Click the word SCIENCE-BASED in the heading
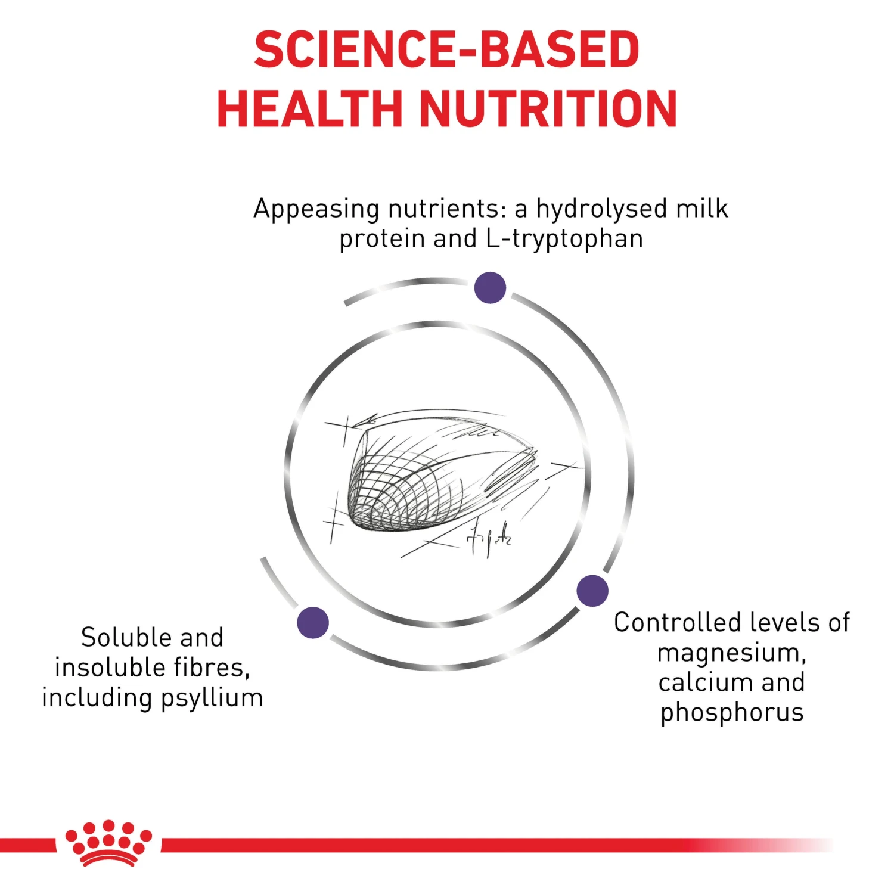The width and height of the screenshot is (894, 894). point(447,49)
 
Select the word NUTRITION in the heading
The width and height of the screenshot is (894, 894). point(549,108)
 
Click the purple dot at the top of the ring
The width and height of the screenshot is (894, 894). point(490,288)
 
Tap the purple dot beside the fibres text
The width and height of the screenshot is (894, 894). point(313,623)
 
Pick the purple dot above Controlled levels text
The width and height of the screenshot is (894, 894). point(592,591)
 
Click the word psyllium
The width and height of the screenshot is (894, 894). point(212,699)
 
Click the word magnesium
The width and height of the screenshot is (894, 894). point(731,654)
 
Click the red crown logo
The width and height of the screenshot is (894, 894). point(108,843)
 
